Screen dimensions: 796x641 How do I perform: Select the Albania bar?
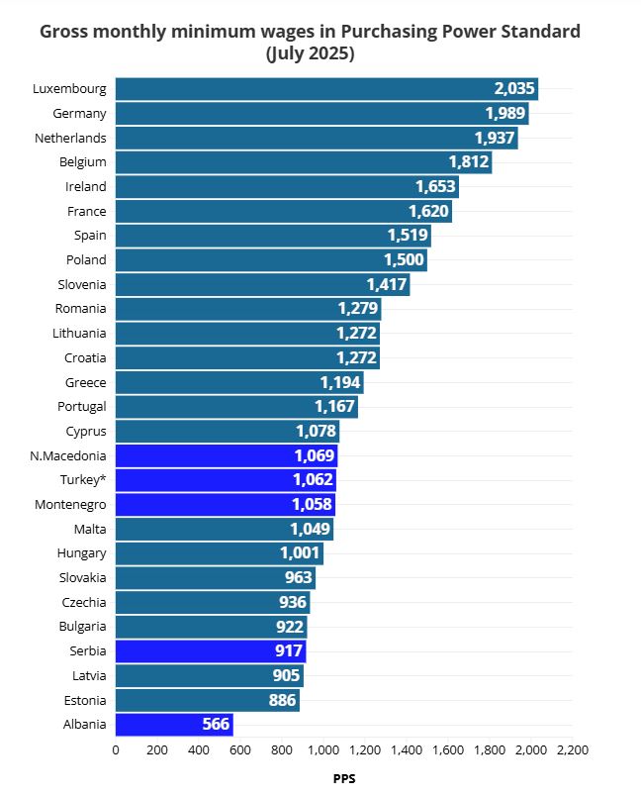click(174, 725)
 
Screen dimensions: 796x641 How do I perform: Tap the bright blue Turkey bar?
click(226, 480)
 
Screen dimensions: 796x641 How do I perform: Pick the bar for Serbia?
click(211, 651)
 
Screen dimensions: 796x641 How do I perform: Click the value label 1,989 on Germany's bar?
click(505, 113)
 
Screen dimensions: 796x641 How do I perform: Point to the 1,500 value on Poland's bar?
click(404, 260)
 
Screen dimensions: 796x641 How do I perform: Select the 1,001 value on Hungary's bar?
click(300, 553)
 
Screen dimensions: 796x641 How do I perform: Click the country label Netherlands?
click(70, 138)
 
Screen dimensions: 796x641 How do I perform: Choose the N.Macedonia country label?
click(68, 455)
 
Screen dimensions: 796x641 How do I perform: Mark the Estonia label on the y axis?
click(81, 700)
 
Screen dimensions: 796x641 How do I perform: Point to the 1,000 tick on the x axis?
click(323, 750)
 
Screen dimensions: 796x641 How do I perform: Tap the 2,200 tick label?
click(573, 750)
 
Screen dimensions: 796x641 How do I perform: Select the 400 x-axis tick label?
click(199, 750)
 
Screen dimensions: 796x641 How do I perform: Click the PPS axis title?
click(344, 778)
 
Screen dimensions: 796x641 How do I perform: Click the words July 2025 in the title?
click(311, 54)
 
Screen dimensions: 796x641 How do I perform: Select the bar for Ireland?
click(287, 186)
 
